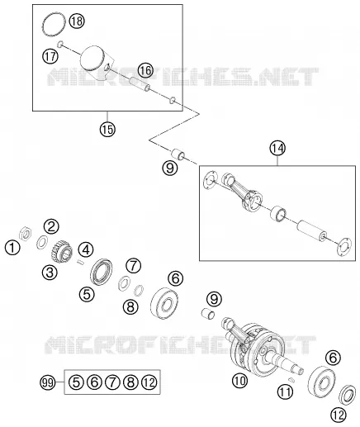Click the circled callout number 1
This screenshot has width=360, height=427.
12,248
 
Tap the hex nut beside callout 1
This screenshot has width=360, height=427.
25,234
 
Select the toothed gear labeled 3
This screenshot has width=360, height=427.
62,252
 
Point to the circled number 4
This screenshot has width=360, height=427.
86,250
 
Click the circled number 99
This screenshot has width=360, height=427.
48,382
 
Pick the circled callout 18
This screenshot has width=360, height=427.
77,21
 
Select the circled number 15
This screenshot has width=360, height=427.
107,129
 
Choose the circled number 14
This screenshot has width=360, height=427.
277,148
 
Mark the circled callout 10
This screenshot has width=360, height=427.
240,381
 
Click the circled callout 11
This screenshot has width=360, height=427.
285,391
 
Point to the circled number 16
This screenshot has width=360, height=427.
145,70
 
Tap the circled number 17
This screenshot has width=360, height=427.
50,56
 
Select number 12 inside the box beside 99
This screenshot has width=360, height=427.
149,382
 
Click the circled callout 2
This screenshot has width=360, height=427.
51,226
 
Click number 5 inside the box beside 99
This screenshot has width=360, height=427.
76,382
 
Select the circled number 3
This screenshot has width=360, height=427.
50,273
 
